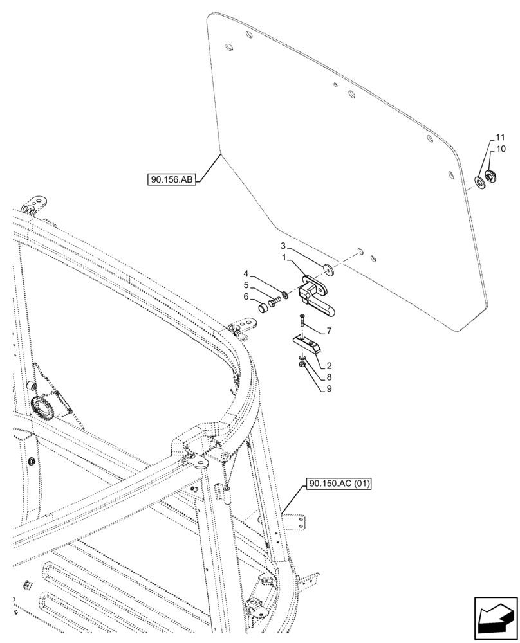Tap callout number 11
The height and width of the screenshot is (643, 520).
pos(500,138)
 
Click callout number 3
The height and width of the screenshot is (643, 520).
pos(283,246)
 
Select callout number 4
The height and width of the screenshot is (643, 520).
pos(245,273)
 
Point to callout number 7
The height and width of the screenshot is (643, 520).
pos(329,331)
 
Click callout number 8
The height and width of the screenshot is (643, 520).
pos(329,377)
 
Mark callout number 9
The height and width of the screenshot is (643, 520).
pos(329,388)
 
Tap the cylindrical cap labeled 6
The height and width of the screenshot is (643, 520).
pos(263,309)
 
